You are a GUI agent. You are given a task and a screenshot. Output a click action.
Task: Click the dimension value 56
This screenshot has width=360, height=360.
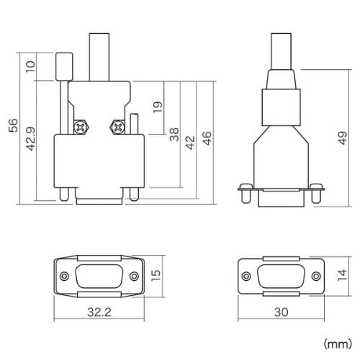(13, 125)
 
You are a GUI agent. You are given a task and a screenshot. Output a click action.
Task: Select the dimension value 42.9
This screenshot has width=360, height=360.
(31, 139)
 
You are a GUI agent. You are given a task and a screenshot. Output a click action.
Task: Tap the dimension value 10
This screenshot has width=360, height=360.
(30, 66)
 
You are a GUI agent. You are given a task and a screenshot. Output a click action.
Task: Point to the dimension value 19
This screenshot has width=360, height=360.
(158, 107)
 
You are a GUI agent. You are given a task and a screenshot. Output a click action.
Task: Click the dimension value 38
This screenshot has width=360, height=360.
(174, 135)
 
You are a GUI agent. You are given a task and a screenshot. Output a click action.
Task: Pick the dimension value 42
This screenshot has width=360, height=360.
(190, 143)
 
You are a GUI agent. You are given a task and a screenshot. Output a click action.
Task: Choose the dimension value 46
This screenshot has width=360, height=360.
(207, 138)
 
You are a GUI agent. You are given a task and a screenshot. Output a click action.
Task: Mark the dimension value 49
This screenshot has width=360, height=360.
(343, 138)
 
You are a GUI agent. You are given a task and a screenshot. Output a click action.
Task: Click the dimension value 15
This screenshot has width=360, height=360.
(156, 276)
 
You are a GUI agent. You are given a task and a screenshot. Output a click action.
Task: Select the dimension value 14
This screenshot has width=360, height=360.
(342, 275)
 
